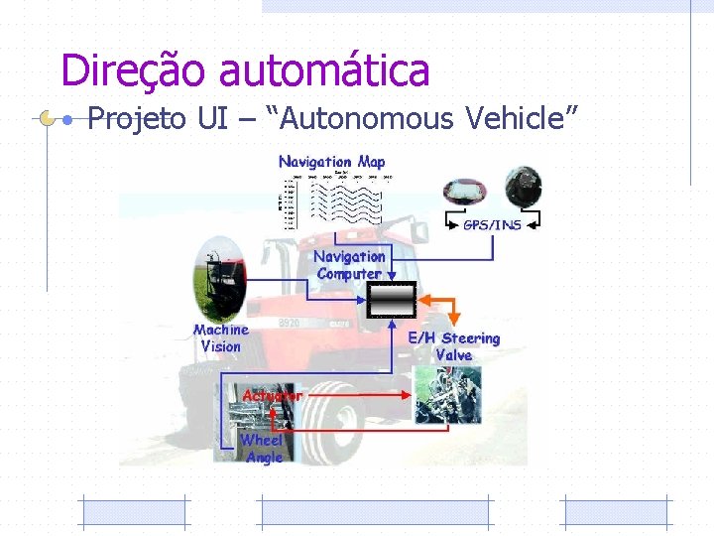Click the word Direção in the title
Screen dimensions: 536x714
[x=134, y=70]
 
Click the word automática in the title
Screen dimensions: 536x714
[x=324, y=70]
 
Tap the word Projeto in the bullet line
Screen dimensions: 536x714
[x=137, y=120]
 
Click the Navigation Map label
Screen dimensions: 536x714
[x=332, y=162]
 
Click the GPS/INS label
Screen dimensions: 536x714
[x=493, y=225]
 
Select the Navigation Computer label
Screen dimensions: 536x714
[x=349, y=265]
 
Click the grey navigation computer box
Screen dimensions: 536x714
[x=391, y=299]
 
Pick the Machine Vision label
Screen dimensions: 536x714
[x=221, y=337]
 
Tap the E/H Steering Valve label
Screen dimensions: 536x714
[x=454, y=346]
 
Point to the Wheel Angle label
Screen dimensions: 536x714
[x=263, y=449]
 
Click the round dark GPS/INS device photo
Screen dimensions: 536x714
[x=522, y=190]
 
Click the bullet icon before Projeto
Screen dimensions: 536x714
[x=65, y=120]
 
